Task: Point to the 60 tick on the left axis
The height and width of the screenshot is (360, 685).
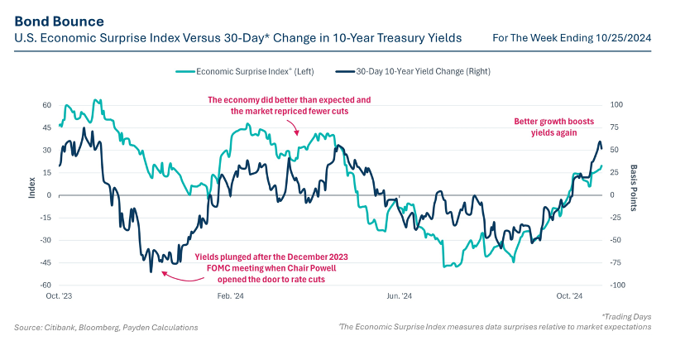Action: [46, 106]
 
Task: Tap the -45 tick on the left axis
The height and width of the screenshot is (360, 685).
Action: [46, 262]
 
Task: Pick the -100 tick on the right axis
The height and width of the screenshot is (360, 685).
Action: [616, 285]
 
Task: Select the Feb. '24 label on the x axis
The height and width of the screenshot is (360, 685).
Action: [229, 295]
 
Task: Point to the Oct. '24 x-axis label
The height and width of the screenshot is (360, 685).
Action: [568, 295]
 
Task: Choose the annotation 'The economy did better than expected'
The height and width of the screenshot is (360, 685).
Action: [289, 105]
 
